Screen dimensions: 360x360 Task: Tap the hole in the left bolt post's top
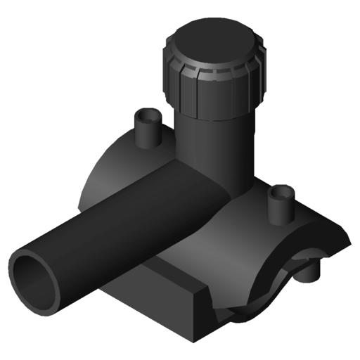(147, 113)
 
